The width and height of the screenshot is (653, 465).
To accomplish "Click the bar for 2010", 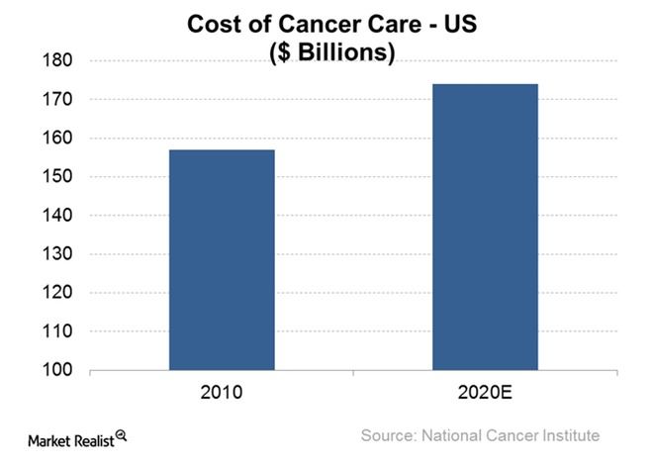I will [222, 260].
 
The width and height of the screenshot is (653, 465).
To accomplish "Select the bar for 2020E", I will [485, 228].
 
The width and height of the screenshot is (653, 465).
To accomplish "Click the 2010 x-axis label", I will [222, 392].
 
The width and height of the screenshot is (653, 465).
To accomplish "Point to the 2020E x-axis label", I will [485, 392].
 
